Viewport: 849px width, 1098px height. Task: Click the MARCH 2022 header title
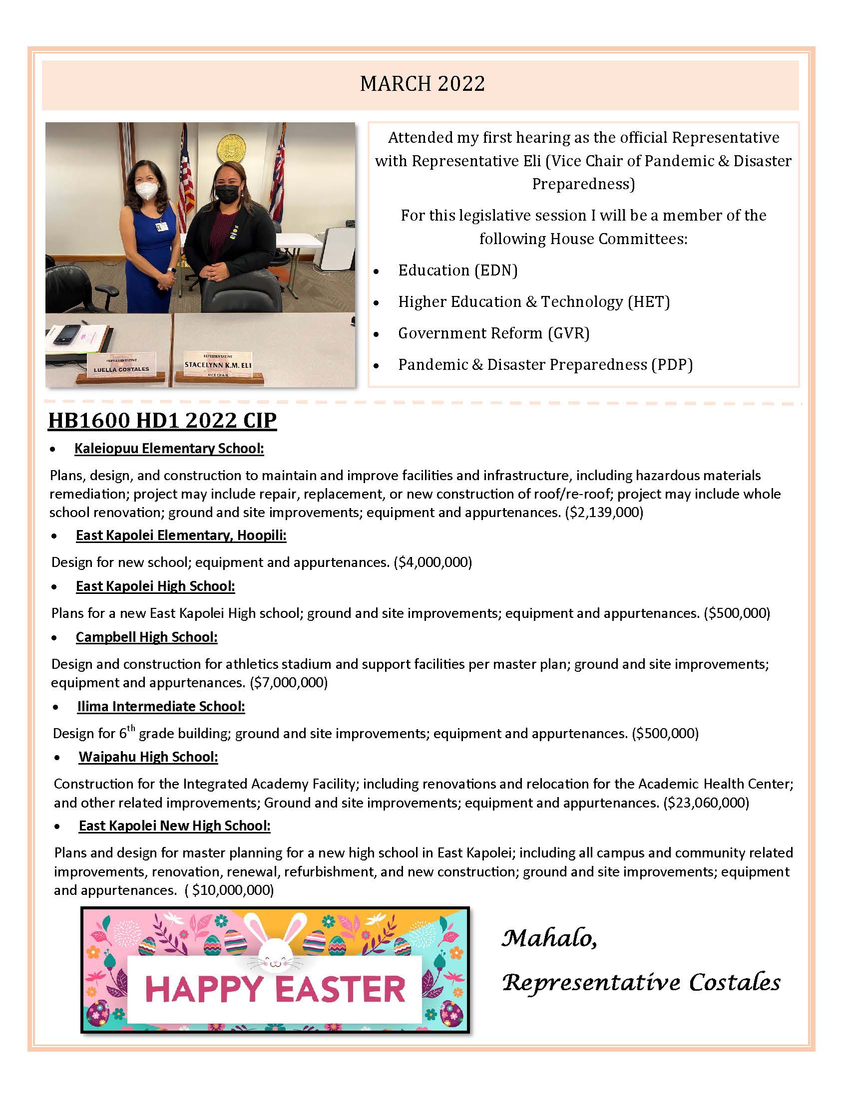point(423,84)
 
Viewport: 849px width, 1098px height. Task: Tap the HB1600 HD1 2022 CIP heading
point(162,420)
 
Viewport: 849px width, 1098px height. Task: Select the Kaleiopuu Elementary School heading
point(169,449)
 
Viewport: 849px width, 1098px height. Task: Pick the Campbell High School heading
point(146,637)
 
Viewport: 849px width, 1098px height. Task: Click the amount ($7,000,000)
point(289,682)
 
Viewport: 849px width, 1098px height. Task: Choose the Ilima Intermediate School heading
point(161,706)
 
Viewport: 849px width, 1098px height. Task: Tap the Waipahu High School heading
point(148,757)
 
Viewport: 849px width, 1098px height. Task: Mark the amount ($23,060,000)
point(706,803)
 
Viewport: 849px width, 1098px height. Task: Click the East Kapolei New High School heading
point(174,825)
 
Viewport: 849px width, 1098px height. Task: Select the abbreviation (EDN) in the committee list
point(495,271)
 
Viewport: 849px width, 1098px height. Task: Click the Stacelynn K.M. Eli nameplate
point(218,365)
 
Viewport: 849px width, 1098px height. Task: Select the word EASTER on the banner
point(341,989)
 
